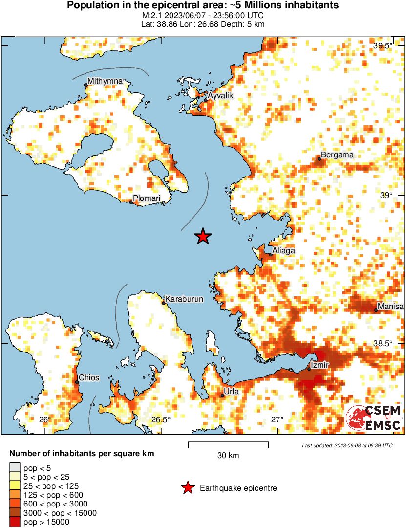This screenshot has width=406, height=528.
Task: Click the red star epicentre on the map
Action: [203, 237]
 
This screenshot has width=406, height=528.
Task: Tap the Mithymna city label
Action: [105, 81]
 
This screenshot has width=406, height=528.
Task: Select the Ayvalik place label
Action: [220, 96]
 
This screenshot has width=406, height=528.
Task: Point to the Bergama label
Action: [337, 154]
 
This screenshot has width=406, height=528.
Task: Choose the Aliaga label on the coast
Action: [284, 250]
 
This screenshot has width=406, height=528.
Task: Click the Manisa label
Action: [391, 306]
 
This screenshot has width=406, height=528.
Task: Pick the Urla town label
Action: [231, 392]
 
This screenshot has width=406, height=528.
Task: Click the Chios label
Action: [89, 378]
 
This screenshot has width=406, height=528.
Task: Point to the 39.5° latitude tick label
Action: [383, 46]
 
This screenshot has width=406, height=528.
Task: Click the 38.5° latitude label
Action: [383, 343]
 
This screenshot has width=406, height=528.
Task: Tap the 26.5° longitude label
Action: [161, 419]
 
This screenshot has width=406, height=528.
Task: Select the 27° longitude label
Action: [278, 419]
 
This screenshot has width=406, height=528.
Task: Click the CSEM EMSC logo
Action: [374, 418]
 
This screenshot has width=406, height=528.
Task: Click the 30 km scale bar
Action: [228, 444]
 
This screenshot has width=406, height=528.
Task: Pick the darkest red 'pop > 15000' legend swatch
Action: [15, 522]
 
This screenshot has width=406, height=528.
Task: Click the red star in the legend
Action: [187, 488]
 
